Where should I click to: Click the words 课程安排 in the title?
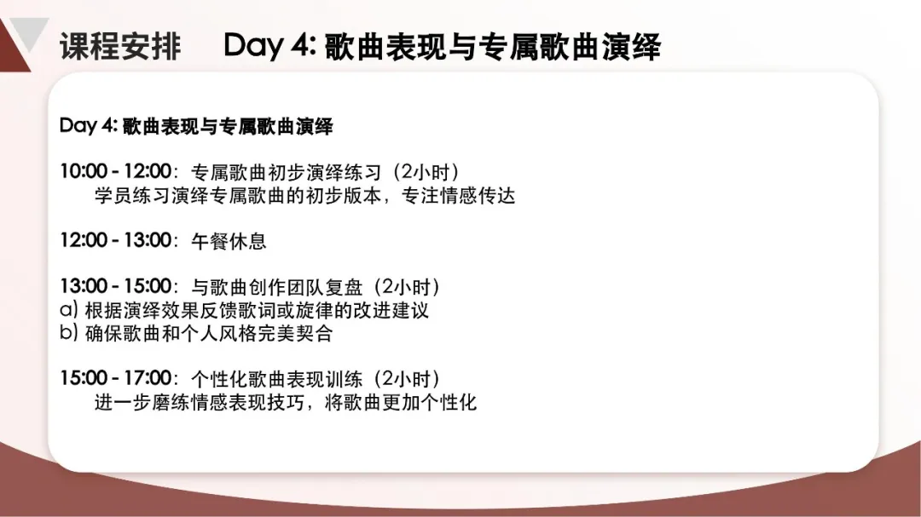point(120,46)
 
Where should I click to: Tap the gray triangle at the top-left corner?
point(29,32)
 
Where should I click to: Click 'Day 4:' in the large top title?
point(269,45)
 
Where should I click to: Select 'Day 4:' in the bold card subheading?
point(89,125)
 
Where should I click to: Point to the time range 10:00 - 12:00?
point(116,171)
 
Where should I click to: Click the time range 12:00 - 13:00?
point(116,240)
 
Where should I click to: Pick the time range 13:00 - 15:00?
point(116,286)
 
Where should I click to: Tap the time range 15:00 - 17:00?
point(116,378)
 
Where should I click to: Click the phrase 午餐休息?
point(229,240)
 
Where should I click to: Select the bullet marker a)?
point(69,309)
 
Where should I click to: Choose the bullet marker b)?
point(69,333)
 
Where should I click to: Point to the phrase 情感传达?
point(478,195)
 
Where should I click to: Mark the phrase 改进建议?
point(391,310)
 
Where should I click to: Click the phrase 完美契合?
point(295,333)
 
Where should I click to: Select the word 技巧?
point(286,402)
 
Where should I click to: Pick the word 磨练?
point(171,402)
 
